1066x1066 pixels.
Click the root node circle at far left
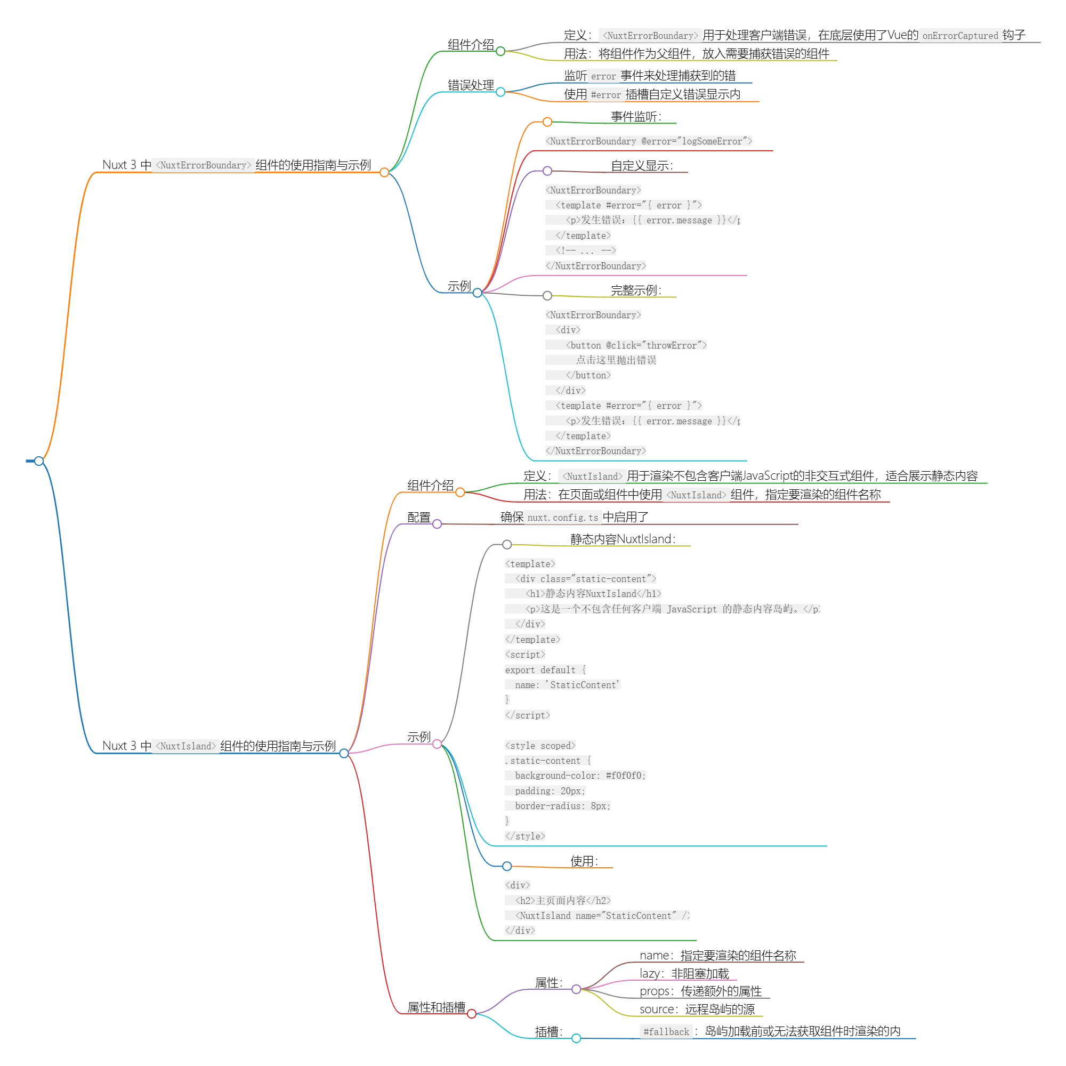[x=38, y=461]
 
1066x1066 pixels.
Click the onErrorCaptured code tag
[x=959, y=36]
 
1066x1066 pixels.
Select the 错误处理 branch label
[x=470, y=85]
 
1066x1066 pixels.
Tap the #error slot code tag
[x=605, y=95]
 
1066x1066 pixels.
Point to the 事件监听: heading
[x=636, y=116]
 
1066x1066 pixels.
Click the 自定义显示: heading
[x=641, y=166]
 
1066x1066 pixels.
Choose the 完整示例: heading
[x=636, y=290]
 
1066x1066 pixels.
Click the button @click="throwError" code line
[x=636, y=345]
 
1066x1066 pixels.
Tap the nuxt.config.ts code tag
[x=562, y=518]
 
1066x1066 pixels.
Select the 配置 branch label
[x=419, y=518]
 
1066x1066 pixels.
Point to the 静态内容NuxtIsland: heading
[x=623, y=539]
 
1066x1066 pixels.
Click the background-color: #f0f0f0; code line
[x=579, y=775]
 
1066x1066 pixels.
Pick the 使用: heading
[x=584, y=861]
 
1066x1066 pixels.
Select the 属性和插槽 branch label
[x=436, y=1007]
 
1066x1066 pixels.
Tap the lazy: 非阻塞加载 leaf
[x=684, y=974]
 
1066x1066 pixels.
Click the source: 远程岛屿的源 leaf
[x=697, y=1009]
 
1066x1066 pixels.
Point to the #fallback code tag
[x=666, y=1032]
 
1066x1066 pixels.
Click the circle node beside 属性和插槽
[x=472, y=1014]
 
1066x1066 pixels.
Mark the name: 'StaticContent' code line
[x=567, y=685]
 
